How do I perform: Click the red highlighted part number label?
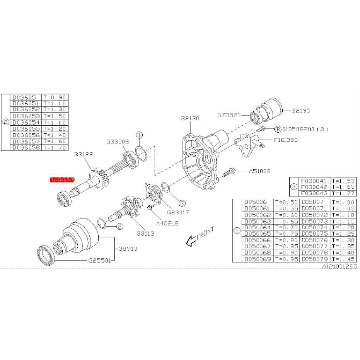tap(62, 179)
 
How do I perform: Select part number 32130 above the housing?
tap(190, 118)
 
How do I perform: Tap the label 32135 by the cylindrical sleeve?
tap(301, 110)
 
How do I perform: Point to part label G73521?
tap(229, 115)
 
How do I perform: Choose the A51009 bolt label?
tap(259, 171)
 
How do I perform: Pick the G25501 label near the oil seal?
tap(100, 260)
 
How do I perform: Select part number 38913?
tap(128, 249)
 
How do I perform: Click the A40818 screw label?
tap(167, 223)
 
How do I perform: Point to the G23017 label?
tap(177, 212)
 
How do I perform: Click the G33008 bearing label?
tap(118, 142)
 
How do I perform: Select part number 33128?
tap(84, 154)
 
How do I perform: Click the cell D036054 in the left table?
tap(26, 123)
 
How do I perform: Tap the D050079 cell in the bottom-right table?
tap(314, 259)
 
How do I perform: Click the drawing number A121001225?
tap(339, 266)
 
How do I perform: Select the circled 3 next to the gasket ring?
tap(182, 202)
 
